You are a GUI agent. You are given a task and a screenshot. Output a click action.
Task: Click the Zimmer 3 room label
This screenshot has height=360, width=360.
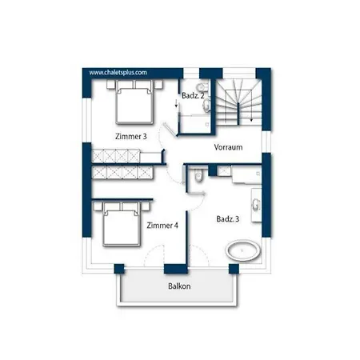click(131, 137)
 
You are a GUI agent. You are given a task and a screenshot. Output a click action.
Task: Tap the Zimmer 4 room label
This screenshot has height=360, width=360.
click(162, 226)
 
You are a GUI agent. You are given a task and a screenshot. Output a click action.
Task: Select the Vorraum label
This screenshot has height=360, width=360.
click(228, 147)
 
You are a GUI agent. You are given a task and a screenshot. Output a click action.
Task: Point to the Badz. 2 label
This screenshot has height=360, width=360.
click(193, 95)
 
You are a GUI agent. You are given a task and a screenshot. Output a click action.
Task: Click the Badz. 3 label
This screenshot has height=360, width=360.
click(228, 219)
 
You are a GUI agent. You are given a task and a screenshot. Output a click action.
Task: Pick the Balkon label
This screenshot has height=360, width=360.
click(179, 286)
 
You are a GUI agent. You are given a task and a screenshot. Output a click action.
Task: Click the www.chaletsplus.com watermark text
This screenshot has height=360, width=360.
click(118, 73)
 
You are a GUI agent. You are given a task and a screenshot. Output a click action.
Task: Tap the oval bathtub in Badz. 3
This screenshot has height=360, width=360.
click(243, 250)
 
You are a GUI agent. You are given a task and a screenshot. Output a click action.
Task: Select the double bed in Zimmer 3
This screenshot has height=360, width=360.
click(134, 102)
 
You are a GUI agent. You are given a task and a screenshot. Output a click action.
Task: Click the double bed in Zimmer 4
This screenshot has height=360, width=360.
click(122, 223)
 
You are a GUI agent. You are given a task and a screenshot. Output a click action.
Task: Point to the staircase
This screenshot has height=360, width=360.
click(238, 102)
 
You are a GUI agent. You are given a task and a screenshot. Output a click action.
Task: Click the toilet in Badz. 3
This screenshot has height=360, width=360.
click(198, 175)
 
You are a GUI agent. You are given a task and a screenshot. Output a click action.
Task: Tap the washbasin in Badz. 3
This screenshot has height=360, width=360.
click(256, 205)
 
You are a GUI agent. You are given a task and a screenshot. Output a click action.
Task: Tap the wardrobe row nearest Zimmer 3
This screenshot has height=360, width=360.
click(116, 156)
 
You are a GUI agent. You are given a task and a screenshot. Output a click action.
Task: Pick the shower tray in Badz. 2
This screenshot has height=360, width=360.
click(195, 123)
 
